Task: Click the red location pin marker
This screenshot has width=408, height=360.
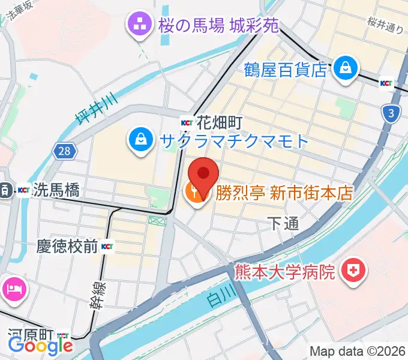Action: click(x=203, y=174)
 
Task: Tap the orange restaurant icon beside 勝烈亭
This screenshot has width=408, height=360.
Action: click(x=195, y=194)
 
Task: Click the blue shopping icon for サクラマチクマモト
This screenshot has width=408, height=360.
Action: click(x=140, y=140)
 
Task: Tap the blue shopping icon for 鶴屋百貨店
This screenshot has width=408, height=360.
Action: click(x=346, y=67)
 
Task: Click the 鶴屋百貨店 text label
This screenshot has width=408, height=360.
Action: click(x=284, y=70)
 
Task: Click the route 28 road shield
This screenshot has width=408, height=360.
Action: click(x=65, y=151)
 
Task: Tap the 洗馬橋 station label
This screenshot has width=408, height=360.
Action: click(x=57, y=191)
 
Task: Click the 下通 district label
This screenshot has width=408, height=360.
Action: click(x=283, y=224)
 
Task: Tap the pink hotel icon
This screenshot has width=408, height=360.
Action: click(x=13, y=290)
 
